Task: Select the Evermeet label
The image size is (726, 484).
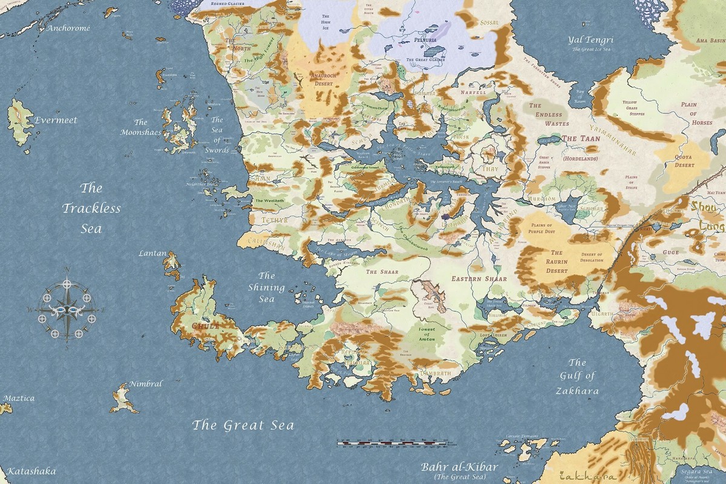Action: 56,120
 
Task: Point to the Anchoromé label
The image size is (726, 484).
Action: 68,28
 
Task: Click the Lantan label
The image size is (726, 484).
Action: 152,253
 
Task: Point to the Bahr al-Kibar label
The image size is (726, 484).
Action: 460,468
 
